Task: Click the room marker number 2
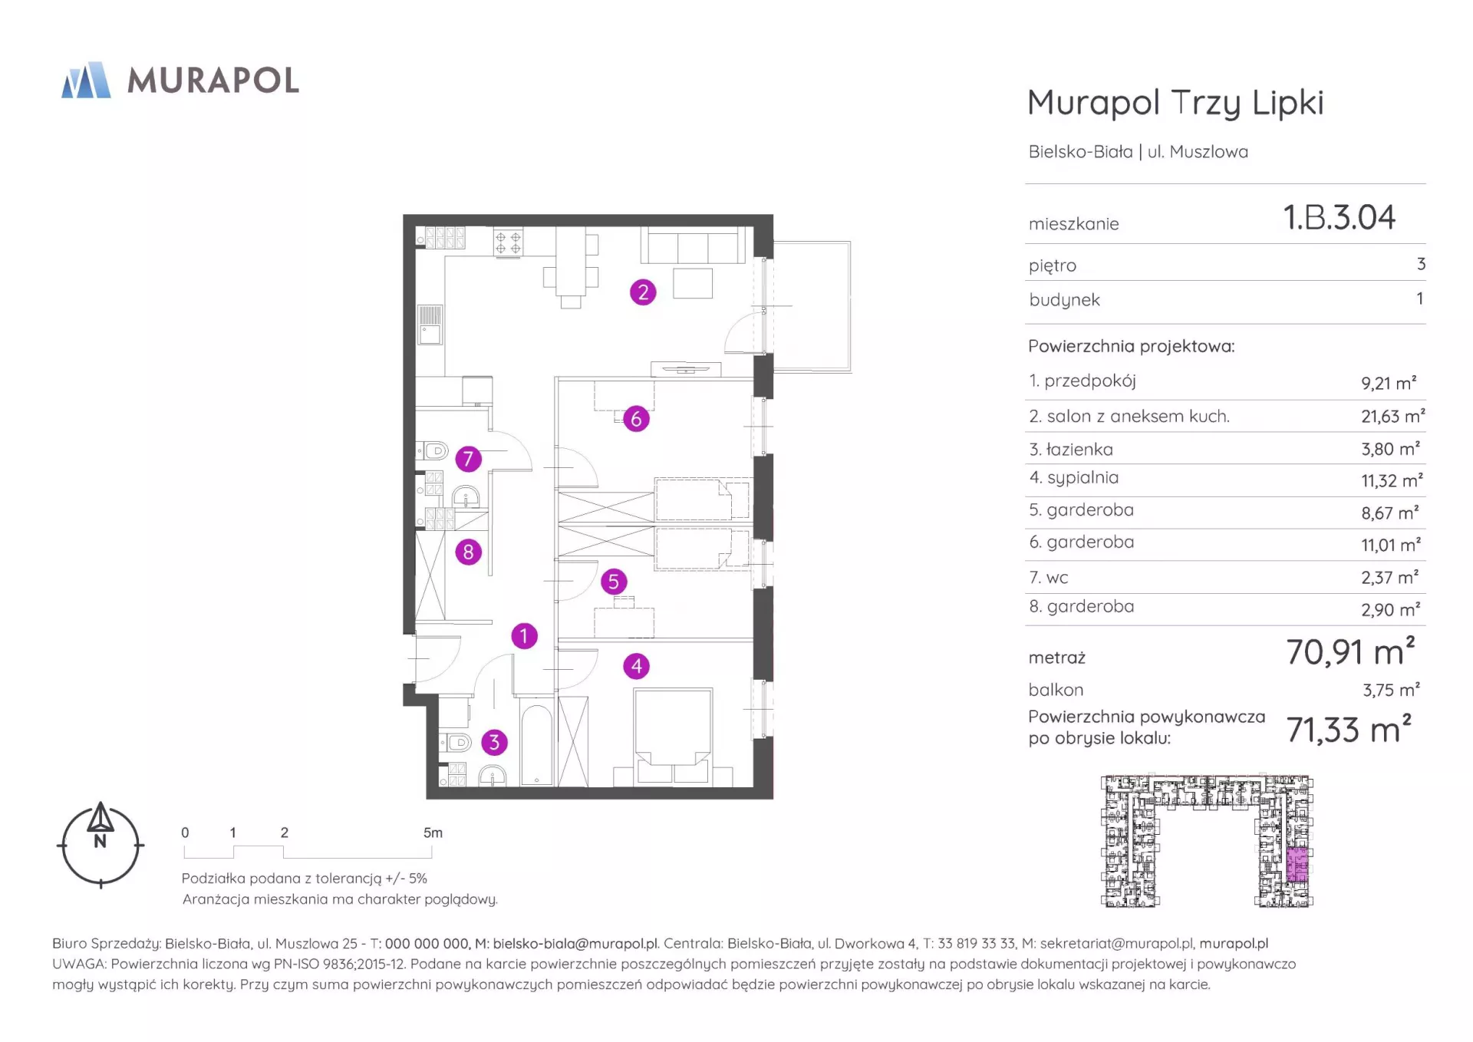click(x=643, y=292)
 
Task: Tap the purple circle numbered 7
click(x=468, y=460)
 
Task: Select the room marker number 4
click(x=637, y=666)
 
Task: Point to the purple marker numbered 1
click(x=525, y=636)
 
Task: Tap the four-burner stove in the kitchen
click(x=508, y=242)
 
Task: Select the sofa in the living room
click(x=694, y=246)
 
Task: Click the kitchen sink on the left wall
click(x=429, y=325)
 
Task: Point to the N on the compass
click(x=101, y=841)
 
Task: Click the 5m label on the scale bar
click(x=433, y=833)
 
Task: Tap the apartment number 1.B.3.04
click(x=1340, y=217)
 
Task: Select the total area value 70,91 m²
click(x=1350, y=651)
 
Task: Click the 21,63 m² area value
click(x=1393, y=416)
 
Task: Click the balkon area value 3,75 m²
click(x=1391, y=689)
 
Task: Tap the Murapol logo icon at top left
click(x=86, y=80)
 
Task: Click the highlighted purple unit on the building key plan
click(x=1297, y=866)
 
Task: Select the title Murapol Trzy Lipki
click(x=1175, y=103)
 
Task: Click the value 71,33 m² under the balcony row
click(x=1349, y=729)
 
